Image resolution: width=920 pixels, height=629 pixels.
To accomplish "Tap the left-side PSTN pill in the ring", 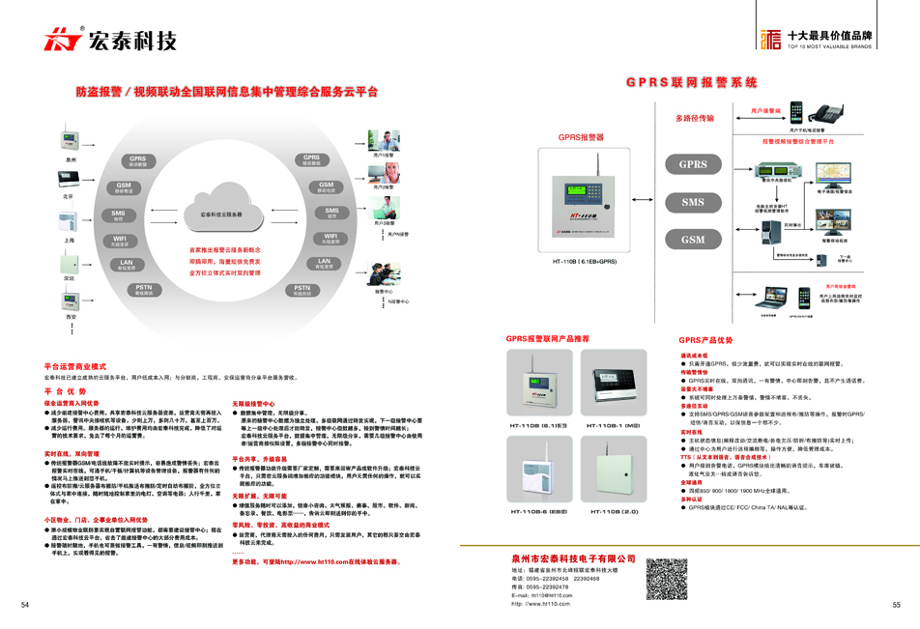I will click(x=144, y=289).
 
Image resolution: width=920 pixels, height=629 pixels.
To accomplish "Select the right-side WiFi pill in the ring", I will click(x=331, y=237).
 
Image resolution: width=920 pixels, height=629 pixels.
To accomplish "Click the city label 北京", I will click(x=69, y=197).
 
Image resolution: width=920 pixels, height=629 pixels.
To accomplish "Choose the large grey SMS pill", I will click(x=693, y=202).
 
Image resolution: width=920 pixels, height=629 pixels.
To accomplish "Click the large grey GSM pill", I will click(x=693, y=240).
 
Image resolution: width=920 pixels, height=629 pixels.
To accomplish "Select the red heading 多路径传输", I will click(x=695, y=118).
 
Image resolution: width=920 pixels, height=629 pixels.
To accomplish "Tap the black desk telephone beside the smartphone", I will click(x=827, y=113).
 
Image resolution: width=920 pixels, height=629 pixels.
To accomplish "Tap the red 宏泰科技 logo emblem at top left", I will click(x=63, y=40).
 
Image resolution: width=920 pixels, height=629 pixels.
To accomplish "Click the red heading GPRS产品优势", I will click(x=704, y=340).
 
